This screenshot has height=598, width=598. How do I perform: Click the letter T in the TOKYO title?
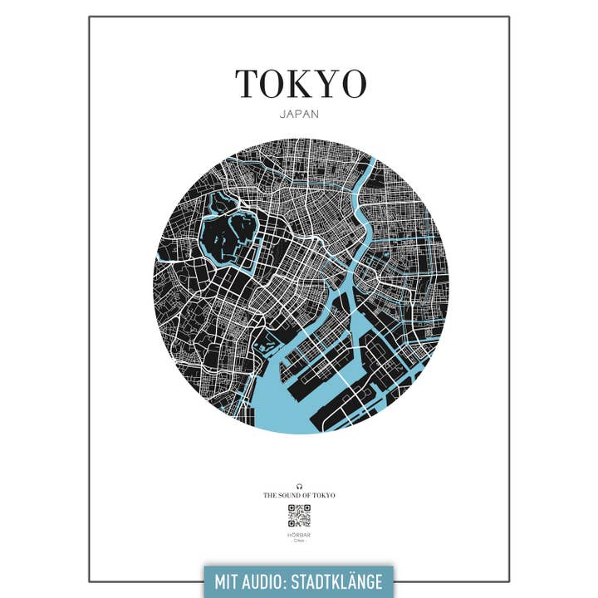[x=249, y=83]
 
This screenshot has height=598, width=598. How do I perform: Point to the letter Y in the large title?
[x=325, y=83]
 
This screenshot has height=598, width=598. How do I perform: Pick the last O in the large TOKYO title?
[x=352, y=83]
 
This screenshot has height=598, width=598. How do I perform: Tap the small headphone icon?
[x=299, y=485]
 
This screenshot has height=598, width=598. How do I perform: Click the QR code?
[x=299, y=516]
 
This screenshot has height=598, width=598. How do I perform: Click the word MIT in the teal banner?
[x=230, y=581]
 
